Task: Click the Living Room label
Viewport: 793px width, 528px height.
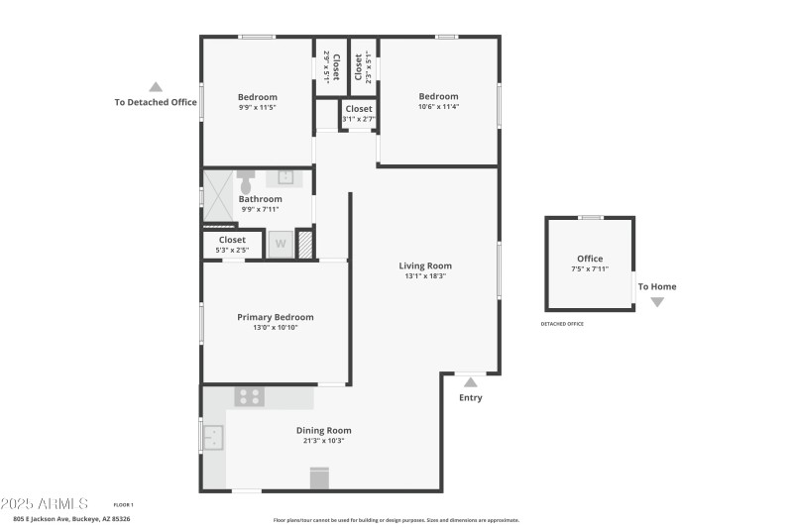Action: click(x=425, y=265)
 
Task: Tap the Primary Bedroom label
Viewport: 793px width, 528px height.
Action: click(x=275, y=317)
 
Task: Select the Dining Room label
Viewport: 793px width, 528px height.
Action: click(x=323, y=430)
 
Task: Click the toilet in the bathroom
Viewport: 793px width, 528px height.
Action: click(x=246, y=180)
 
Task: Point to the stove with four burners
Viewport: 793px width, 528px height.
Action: click(x=249, y=396)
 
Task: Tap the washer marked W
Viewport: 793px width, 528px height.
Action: click(x=281, y=244)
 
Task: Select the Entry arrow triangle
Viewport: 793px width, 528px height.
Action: click(x=470, y=381)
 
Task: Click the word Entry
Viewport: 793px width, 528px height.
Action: click(x=470, y=398)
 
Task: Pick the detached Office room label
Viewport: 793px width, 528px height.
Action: click(x=590, y=259)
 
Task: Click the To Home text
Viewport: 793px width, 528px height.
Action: click(x=656, y=287)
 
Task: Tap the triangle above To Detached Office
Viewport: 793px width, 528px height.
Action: click(x=155, y=86)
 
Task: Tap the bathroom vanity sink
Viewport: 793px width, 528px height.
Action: click(x=284, y=177)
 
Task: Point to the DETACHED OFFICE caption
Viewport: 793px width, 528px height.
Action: click(x=562, y=324)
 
